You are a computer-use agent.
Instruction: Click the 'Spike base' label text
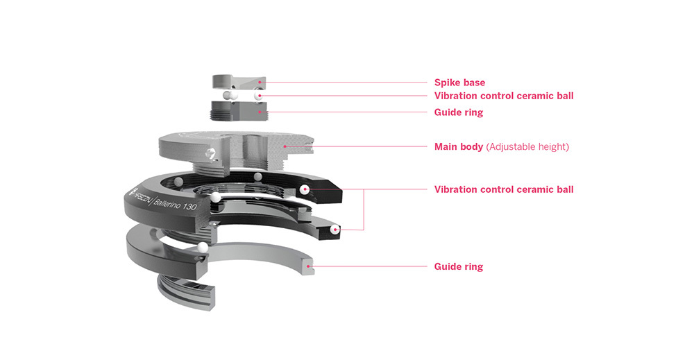pyautogui.click(x=459, y=82)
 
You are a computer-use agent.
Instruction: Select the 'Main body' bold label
pyautogui.click(x=459, y=147)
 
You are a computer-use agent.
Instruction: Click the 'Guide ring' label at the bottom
pyautogui.click(x=458, y=266)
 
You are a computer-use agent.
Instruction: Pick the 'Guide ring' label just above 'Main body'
pyautogui.click(x=458, y=112)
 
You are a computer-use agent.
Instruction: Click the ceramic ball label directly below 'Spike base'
pyautogui.click(x=503, y=96)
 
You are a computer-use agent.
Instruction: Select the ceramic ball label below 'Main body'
pyautogui.click(x=503, y=189)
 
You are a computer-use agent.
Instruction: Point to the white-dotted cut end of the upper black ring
pyautogui.click(x=306, y=189)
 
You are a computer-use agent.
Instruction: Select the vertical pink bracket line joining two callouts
pyautogui.click(x=363, y=209)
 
